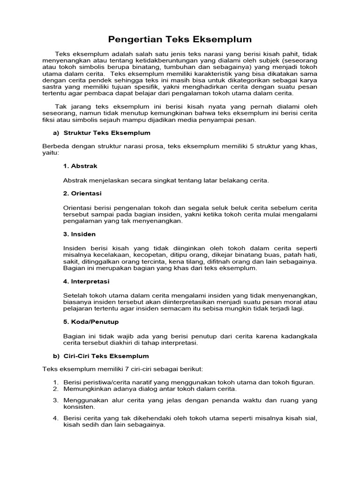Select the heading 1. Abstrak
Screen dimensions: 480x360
80,166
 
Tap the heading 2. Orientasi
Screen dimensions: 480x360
82,193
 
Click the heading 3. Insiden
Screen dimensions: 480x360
79,234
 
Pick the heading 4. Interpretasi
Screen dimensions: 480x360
86,281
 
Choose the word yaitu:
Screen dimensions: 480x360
51,153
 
